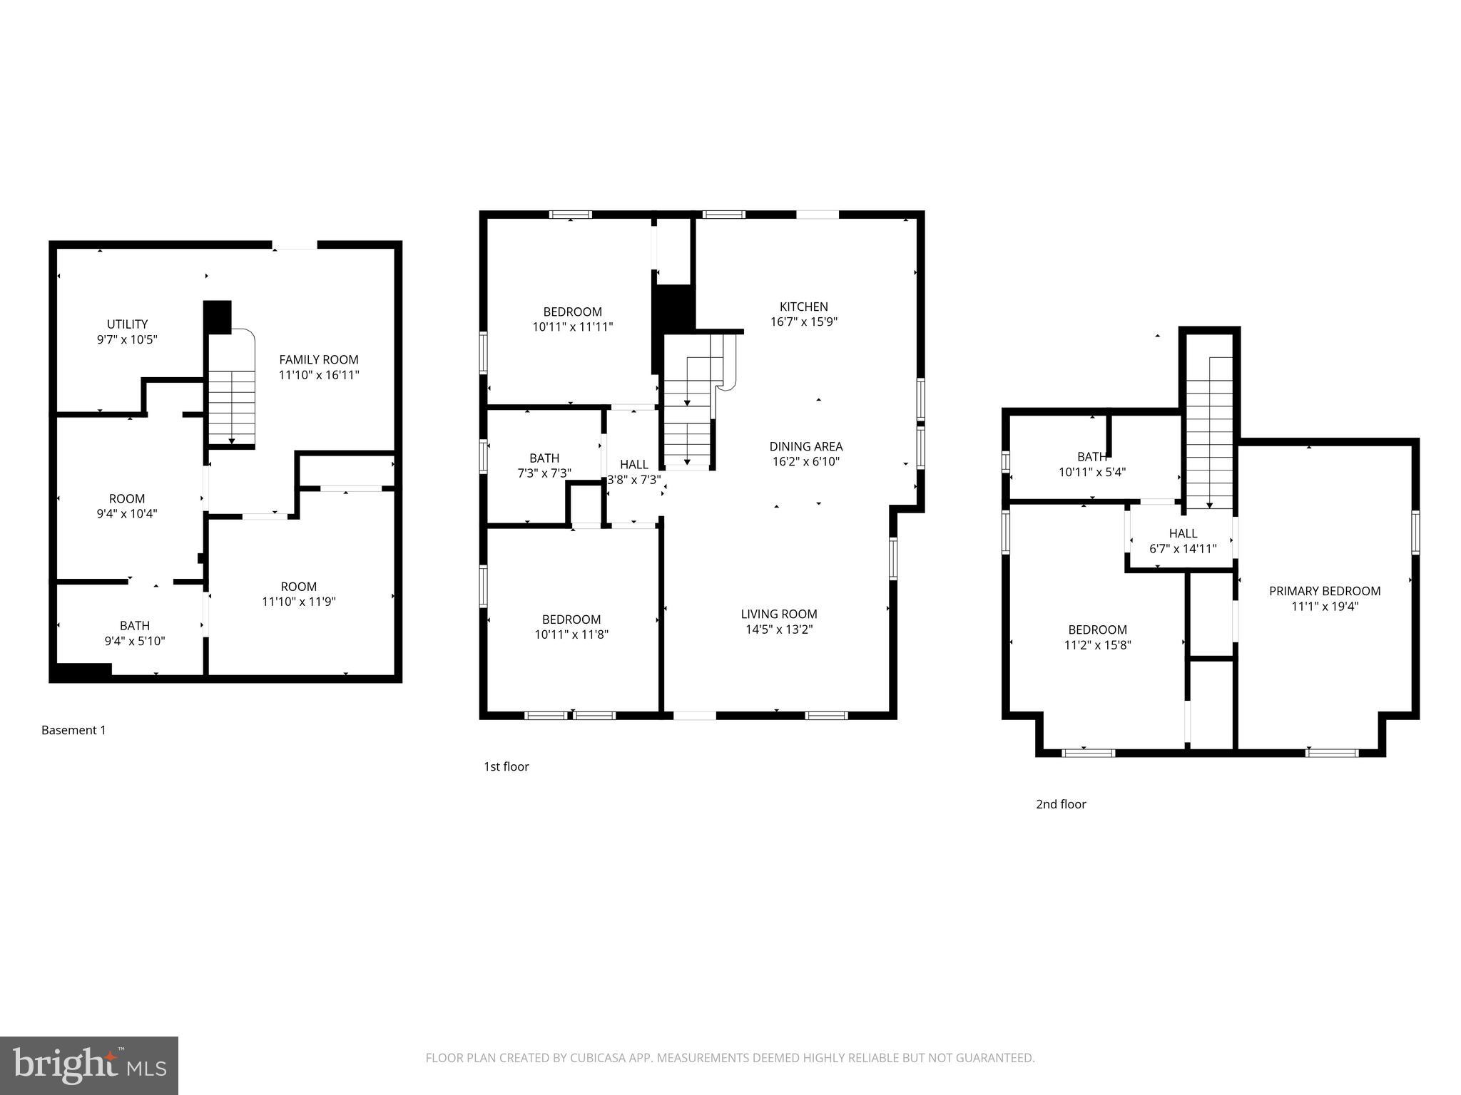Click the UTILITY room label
click(x=127, y=324)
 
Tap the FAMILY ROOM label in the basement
click(x=318, y=360)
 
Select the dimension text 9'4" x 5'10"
click(x=134, y=642)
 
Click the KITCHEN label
click(x=803, y=307)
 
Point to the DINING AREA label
click(x=805, y=446)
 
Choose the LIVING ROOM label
click(x=778, y=614)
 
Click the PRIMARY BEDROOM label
click(x=1324, y=591)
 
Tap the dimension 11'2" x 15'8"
click(x=1097, y=645)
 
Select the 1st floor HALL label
click(x=633, y=465)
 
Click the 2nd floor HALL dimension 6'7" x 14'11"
click(x=1183, y=549)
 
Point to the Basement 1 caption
click(x=73, y=730)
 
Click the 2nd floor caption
click(x=1061, y=804)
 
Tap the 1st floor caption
click(x=506, y=766)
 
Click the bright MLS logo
click(x=89, y=1065)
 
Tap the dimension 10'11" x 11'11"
click(x=572, y=327)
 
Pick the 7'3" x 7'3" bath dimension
click(x=544, y=473)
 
